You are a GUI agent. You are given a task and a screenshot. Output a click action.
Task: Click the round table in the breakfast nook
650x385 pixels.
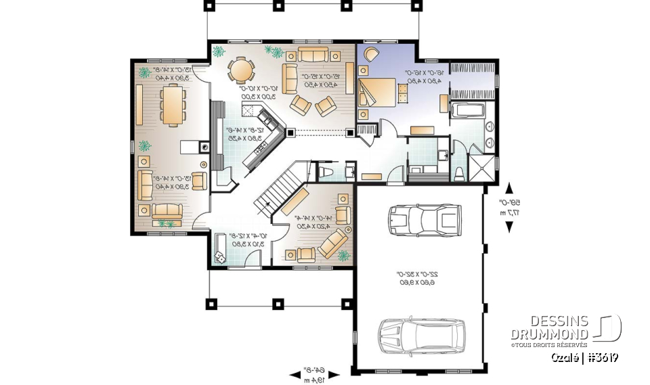click(241, 69)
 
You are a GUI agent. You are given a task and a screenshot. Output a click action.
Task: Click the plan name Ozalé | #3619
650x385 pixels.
click(584, 357)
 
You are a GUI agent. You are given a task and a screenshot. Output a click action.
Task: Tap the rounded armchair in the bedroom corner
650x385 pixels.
click(371, 55)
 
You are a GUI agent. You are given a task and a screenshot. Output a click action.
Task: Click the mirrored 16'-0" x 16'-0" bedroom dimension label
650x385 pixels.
click(424, 76)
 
